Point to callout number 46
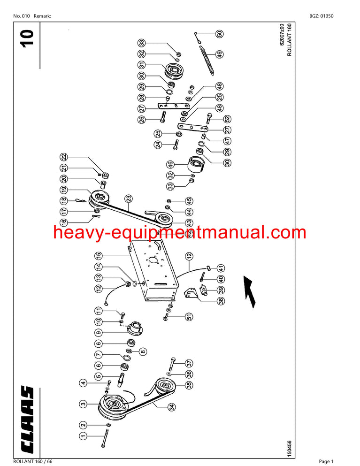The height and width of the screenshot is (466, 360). click(x=170, y=164)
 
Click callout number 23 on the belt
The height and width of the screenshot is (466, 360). click(x=128, y=199)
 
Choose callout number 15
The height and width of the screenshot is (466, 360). click(x=98, y=256)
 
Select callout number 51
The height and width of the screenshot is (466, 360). click(x=189, y=317)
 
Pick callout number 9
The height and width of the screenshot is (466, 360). click(x=98, y=333)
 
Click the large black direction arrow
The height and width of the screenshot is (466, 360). click(x=250, y=290)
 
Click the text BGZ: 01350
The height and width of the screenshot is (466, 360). click(x=322, y=16)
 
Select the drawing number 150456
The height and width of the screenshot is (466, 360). click(x=289, y=448)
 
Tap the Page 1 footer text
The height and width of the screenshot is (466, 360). click(x=326, y=461)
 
